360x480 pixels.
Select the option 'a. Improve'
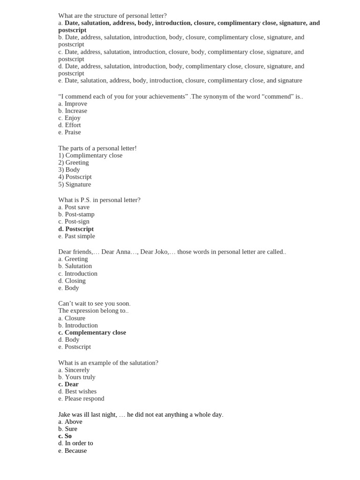click(x=73, y=104)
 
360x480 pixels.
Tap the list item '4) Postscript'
click(x=75, y=177)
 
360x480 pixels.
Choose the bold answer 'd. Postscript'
click(x=76, y=229)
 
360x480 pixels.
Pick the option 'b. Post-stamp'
click(x=76, y=214)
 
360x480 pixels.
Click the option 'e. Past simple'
click(x=76, y=236)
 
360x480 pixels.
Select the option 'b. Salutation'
click(x=75, y=266)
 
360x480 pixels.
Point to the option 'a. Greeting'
click(x=73, y=259)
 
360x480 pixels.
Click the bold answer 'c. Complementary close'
click(x=92, y=332)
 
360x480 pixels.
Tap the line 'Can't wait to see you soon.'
click(x=94, y=303)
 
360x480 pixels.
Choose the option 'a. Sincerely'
click(x=74, y=370)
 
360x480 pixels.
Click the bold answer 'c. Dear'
click(x=68, y=384)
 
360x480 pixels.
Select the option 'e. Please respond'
click(x=81, y=398)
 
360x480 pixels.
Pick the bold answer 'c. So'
click(x=65, y=436)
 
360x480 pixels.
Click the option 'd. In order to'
click(x=75, y=443)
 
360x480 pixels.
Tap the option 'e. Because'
click(x=72, y=450)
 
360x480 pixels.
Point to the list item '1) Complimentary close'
click(x=90, y=155)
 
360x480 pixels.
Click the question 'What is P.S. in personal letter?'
click(x=99, y=200)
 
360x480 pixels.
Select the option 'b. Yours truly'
click(x=77, y=377)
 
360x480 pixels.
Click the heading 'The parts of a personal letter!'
click(x=97, y=148)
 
